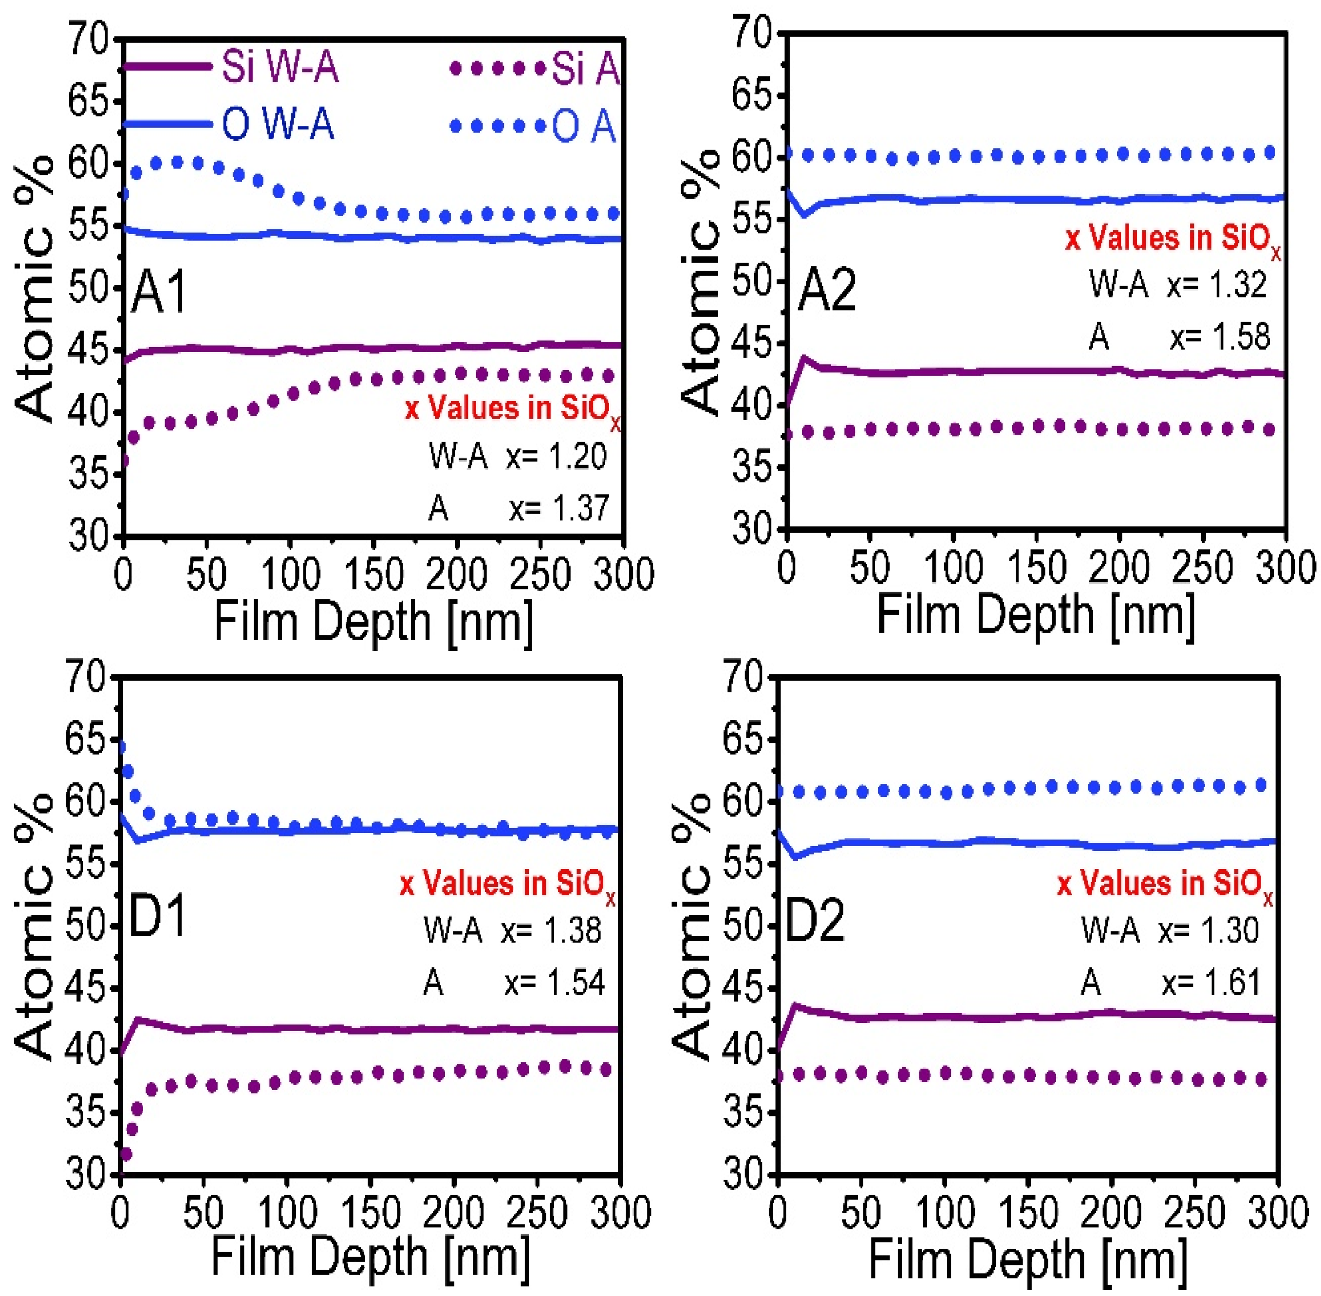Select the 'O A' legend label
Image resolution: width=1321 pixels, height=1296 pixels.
[583, 127]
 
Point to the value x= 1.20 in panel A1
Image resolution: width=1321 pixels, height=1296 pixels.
[557, 457]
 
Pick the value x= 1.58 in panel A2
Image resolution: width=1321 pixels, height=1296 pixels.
[1220, 337]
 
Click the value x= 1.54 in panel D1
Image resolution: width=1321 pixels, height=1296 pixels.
[554, 983]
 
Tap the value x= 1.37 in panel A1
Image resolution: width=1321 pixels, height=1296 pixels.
[558, 508]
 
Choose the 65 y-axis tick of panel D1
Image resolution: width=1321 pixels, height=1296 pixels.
[86, 739]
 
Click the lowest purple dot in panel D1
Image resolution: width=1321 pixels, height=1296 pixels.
[125, 1154]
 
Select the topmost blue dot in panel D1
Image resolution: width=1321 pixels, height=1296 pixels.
[121, 747]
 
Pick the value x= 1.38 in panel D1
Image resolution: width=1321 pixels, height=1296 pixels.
[552, 930]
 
